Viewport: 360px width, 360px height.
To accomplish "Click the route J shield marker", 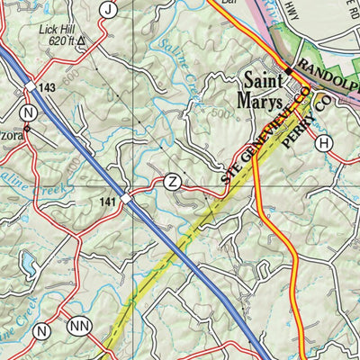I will (x=109, y=10).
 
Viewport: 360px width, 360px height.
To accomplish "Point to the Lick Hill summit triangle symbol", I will (x=82, y=41).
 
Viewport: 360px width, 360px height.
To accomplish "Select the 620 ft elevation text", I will (x=59, y=40).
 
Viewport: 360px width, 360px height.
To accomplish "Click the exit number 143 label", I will (x=46, y=87).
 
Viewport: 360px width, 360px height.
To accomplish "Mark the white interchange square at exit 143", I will (x=29, y=85).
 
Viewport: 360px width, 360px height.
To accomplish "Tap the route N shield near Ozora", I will (x=30, y=112).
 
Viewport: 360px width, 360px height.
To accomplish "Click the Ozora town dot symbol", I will (x=26, y=128).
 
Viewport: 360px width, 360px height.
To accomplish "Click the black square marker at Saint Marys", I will (x=289, y=69).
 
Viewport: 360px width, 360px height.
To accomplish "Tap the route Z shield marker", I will (x=174, y=183).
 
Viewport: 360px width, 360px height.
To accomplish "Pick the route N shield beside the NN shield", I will (x=40, y=332).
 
